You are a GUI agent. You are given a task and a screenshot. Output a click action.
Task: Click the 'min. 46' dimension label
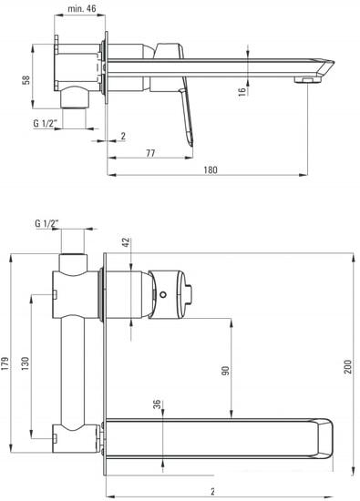tap(81, 8)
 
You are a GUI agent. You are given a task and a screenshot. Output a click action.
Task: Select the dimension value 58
tap(26, 79)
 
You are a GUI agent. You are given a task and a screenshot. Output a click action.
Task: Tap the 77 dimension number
tap(150, 153)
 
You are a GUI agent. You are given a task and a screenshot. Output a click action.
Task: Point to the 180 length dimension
tap(211, 169)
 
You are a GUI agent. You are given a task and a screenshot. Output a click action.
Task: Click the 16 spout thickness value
tap(242, 92)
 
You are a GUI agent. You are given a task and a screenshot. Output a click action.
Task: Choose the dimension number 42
tap(127, 242)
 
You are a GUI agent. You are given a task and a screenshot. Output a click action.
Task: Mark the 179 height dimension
tap(5, 363)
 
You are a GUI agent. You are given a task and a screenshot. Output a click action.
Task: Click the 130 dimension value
tap(25, 363)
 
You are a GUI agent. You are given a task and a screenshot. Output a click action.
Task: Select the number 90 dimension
tap(225, 371)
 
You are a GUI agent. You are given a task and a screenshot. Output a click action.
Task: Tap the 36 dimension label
tap(157, 404)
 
